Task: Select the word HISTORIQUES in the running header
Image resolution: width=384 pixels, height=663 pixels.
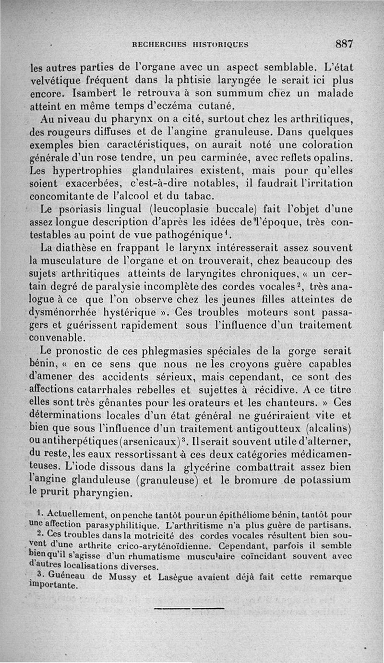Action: [219, 45]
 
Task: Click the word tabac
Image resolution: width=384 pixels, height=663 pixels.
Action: [179, 197]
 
